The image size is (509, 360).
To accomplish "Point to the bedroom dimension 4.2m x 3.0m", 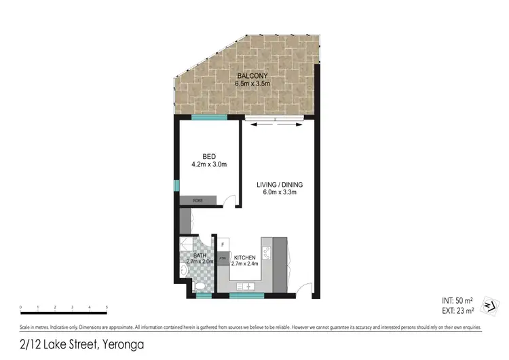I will (208, 164).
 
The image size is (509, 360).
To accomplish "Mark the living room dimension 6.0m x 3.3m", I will (280, 193).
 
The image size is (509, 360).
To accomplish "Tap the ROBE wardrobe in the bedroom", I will (198, 200).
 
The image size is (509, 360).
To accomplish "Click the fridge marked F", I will (223, 243).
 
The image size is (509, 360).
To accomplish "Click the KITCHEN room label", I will (244, 259).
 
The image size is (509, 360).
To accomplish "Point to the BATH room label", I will (199, 255).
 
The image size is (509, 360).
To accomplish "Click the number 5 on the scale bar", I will (107, 308).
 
